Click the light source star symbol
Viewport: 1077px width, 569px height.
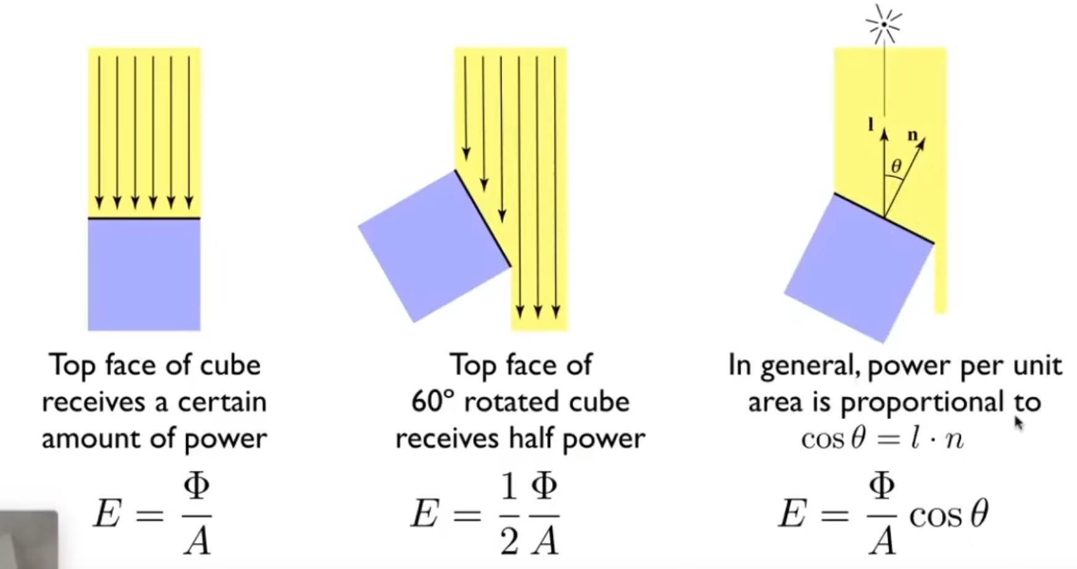click(883, 25)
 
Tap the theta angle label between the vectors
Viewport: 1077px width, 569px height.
click(896, 165)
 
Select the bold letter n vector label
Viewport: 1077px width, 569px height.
click(913, 135)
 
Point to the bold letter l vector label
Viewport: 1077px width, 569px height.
click(871, 125)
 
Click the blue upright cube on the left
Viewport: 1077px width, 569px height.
click(144, 275)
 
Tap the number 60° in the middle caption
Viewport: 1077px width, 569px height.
click(432, 402)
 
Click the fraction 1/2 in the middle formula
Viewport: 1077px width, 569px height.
click(509, 513)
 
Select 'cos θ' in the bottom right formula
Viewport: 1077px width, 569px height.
click(949, 513)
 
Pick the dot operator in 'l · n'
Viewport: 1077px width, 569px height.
click(927, 439)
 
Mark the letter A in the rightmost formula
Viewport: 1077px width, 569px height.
click(883, 541)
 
